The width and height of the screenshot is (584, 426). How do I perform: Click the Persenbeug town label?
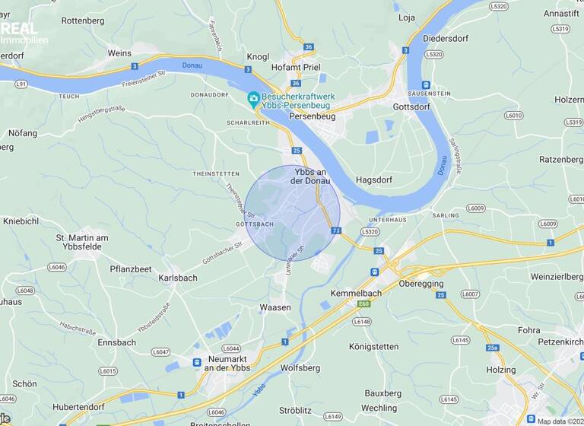(x=312, y=116)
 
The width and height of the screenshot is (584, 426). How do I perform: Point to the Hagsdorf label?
(x=373, y=180)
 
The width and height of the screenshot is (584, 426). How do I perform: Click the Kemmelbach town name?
(x=354, y=293)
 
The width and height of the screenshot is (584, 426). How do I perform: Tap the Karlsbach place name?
(x=178, y=278)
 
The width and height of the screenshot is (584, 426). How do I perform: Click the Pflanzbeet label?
(x=131, y=269)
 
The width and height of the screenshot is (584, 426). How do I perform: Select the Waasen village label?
(x=275, y=307)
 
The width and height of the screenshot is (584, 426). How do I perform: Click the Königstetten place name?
(x=373, y=347)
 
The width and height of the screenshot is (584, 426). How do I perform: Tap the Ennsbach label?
(x=116, y=342)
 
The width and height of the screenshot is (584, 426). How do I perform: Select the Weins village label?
(x=120, y=53)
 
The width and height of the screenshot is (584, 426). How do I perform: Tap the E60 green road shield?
(x=364, y=304)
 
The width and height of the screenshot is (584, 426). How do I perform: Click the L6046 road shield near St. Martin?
(x=57, y=267)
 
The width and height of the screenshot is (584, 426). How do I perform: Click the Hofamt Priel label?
(x=296, y=67)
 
